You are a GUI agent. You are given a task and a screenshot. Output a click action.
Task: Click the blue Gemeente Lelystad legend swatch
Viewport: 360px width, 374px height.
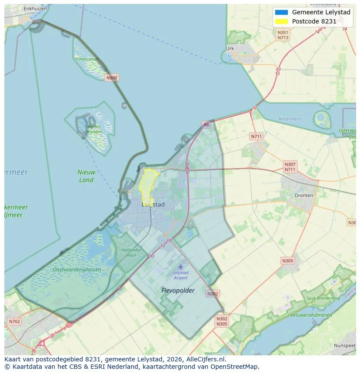(282, 12)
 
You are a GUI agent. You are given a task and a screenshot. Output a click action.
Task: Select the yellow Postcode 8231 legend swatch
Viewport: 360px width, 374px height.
(282, 22)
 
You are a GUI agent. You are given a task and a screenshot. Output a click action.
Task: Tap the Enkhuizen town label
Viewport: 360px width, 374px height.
(35, 8)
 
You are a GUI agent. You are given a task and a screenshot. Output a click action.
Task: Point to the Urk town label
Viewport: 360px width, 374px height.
(230, 49)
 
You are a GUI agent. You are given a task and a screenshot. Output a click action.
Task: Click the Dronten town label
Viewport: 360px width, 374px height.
(303, 195)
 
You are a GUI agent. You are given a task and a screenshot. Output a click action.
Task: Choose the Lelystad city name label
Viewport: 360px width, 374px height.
(153, 204)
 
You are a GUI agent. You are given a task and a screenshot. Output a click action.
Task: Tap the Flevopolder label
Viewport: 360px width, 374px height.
(178, 290)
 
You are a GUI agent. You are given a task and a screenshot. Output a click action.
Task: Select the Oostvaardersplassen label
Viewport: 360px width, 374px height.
(77, 270)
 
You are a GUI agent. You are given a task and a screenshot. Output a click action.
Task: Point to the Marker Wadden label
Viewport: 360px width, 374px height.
(94, 129)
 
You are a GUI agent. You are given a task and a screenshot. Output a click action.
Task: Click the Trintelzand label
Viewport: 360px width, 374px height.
(86, 59)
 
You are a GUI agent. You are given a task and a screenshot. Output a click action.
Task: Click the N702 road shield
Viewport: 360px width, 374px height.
(14, 321)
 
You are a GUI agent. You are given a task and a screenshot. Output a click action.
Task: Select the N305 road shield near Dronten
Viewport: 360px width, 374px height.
(287, 261)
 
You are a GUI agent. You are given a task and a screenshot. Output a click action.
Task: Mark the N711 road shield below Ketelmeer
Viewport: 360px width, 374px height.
(257, 136)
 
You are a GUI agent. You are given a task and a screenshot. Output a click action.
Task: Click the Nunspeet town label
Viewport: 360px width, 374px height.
(345, 345)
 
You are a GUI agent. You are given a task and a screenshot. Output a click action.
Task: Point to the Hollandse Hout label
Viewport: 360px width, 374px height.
(131, 252)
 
